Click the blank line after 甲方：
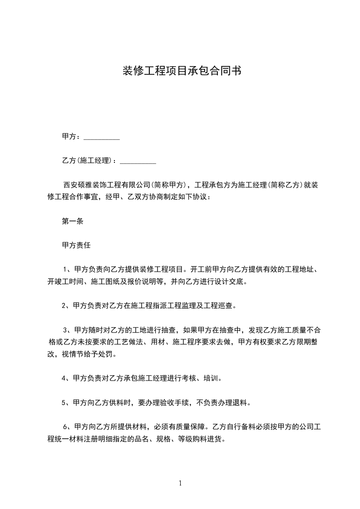tap(102, 137)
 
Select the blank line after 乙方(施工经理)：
tap(138, 161)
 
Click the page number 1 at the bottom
tap(180, 483)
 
